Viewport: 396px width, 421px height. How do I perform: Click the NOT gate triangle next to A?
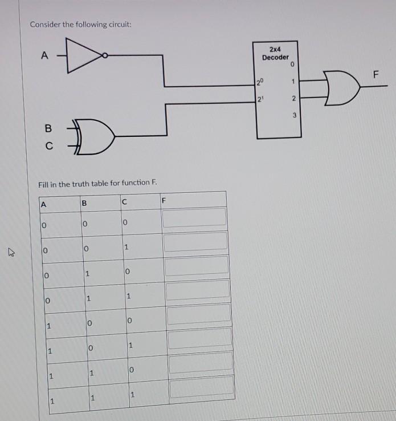[x=83, y=55]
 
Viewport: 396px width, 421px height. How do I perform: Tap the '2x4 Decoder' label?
[x=276, y=54]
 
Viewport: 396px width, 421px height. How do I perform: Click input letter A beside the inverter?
[x=44, y=55]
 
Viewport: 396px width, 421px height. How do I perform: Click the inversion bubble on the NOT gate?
[x=105, y=55]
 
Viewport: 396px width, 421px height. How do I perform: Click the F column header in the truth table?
[x=163, y=200]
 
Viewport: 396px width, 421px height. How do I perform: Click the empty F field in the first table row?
[x=194, y=217]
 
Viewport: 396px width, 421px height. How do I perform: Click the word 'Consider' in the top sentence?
[x=44, y=25]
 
